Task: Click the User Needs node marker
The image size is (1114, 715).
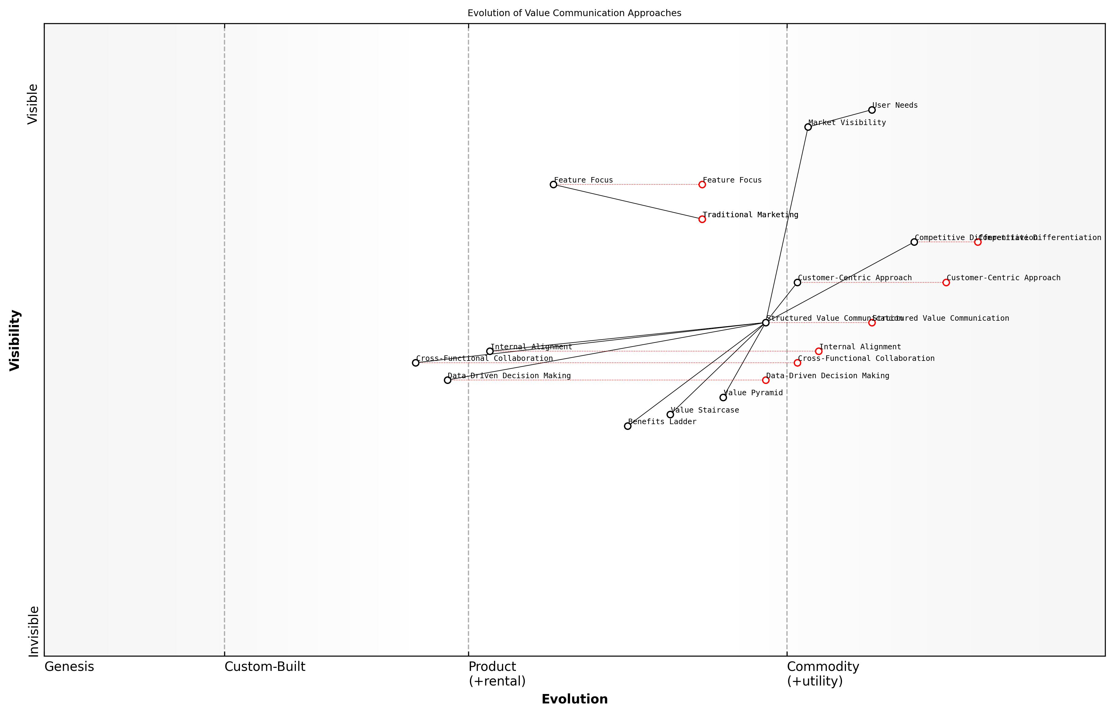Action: [872, 110]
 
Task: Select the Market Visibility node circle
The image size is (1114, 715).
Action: [808, 127]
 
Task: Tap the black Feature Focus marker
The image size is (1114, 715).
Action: [553, 185]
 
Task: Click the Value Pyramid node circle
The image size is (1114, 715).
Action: [723, 397]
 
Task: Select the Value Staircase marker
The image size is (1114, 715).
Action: [670, 415]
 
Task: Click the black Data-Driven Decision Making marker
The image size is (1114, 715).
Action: [447, 380]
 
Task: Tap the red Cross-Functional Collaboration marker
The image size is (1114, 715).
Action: [797, 363]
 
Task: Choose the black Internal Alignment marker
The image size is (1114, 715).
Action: [490, 351]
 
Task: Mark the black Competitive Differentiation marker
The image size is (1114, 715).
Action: [914, 242]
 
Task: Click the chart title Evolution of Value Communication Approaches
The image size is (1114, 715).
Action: [574, 13]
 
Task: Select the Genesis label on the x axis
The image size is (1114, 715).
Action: [69, 667]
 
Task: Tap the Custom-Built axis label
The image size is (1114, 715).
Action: [265, 667]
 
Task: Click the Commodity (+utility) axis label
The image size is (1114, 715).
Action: [823, 674]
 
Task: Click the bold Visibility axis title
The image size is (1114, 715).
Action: [15, 340]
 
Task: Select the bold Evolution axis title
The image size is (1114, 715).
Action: [574, 699]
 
